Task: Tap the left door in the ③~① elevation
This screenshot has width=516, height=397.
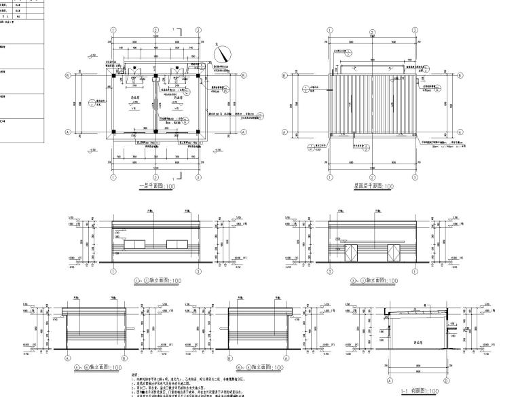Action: click(350, 254)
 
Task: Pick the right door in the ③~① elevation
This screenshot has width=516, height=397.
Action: click(392, 254)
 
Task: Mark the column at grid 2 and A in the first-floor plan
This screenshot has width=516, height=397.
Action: click(155, 132)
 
